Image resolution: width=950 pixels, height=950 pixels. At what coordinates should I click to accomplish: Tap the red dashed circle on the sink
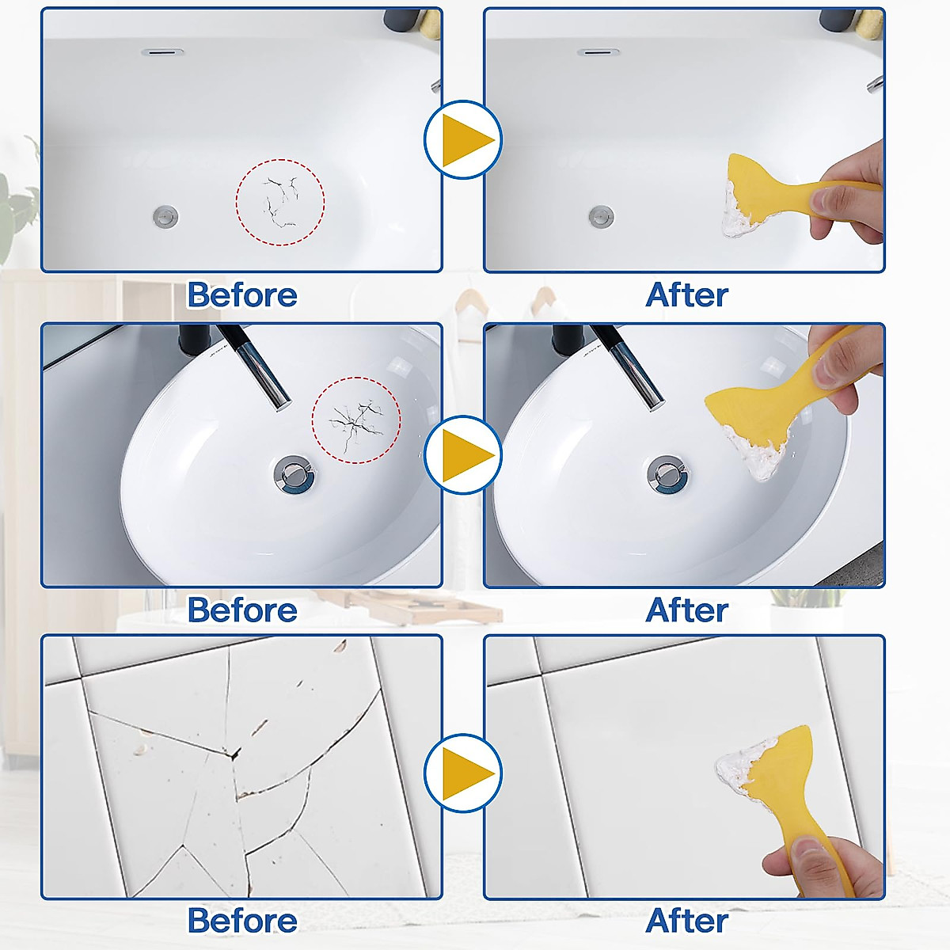(x=356, y=420)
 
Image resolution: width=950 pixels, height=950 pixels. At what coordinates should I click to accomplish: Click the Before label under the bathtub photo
(x=242, y=295)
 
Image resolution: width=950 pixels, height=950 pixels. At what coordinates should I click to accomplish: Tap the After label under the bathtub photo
(x=686, y=295)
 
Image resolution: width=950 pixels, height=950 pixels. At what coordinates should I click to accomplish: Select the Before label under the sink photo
(x=242, y=610)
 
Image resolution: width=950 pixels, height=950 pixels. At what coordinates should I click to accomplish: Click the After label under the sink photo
(x=686, y=610)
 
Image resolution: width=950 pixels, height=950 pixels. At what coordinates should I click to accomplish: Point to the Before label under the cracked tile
(x=242, y=921)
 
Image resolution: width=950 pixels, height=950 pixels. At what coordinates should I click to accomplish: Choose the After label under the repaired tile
(x=686, y=921)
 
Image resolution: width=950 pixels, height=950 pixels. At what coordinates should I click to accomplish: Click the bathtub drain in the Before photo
(x=166, y=215)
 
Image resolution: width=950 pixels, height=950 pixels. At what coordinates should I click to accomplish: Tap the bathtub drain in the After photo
(x=602, y=215)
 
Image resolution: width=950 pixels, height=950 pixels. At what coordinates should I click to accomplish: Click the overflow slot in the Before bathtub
(x=162, y=52)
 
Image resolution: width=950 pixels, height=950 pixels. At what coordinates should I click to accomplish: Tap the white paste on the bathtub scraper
(x=738, y=212)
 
